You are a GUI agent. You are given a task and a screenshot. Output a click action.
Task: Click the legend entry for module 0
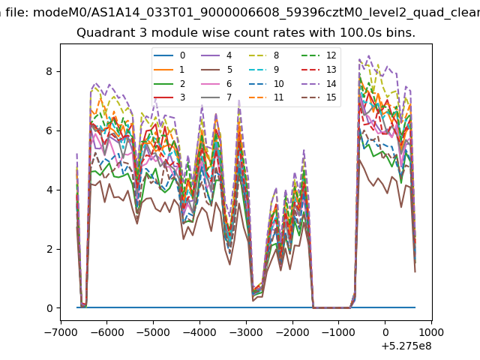click(x=169, y=55)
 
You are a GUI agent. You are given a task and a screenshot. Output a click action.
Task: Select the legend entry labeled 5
click(x=217, y=70)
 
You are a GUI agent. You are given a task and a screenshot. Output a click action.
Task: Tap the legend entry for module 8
click(x=264, y=55)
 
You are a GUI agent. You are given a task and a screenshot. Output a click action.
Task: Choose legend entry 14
click(x=319, y=83)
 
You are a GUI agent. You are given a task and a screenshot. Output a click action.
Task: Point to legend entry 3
click(x=169, y=97)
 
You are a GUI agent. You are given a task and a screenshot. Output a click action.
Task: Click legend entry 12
click(x=319, y=55)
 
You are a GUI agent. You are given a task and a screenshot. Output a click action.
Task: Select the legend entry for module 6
click(x=217, y=83)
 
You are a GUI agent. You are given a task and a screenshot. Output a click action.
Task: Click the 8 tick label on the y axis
click(x=49, y=72)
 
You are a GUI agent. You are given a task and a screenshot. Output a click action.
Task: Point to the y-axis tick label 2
click(x=49, y=249)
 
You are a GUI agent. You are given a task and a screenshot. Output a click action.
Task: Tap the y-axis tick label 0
click(x=49, y=308)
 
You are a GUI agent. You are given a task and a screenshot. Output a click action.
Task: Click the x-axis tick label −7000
click(x=61, y=332)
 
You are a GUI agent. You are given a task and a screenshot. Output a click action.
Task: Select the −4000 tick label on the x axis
click(x=200, y=332)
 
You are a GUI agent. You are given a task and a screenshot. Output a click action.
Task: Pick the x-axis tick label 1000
click(x=431, y=332)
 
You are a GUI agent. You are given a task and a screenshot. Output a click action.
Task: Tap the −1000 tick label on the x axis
click(x=338, y=332)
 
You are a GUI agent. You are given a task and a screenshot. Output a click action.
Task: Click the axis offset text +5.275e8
click(x=406, y=346)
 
